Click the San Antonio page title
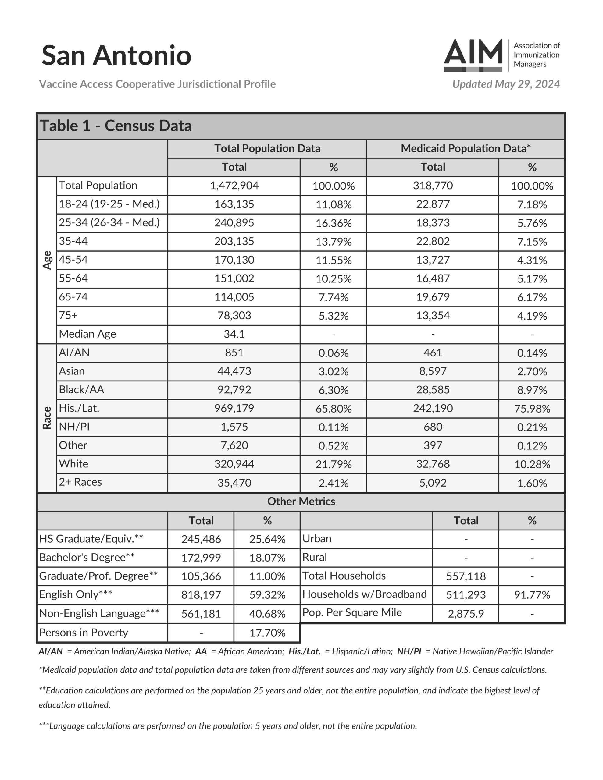click(116, 55)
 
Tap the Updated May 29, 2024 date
click(506, 84)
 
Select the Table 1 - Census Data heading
click(116, 126)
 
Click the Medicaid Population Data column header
click(466, 148)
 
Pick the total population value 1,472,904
click(234, 186)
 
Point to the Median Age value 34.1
click(234, 334)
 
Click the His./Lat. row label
click(79, 408)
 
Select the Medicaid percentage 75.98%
click(532, 409)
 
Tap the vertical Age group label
click(47, 260)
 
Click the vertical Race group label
click(47, 418)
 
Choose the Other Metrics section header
click(301, 502)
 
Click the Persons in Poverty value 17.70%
click(267, 633)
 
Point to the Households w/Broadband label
click(364, 594)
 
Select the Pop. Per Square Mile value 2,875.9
click(466, 614)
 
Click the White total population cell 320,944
click(234, 464)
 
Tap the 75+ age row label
click(68, 315)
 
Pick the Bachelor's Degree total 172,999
click(201, 558)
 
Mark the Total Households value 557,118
click(466, 576)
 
